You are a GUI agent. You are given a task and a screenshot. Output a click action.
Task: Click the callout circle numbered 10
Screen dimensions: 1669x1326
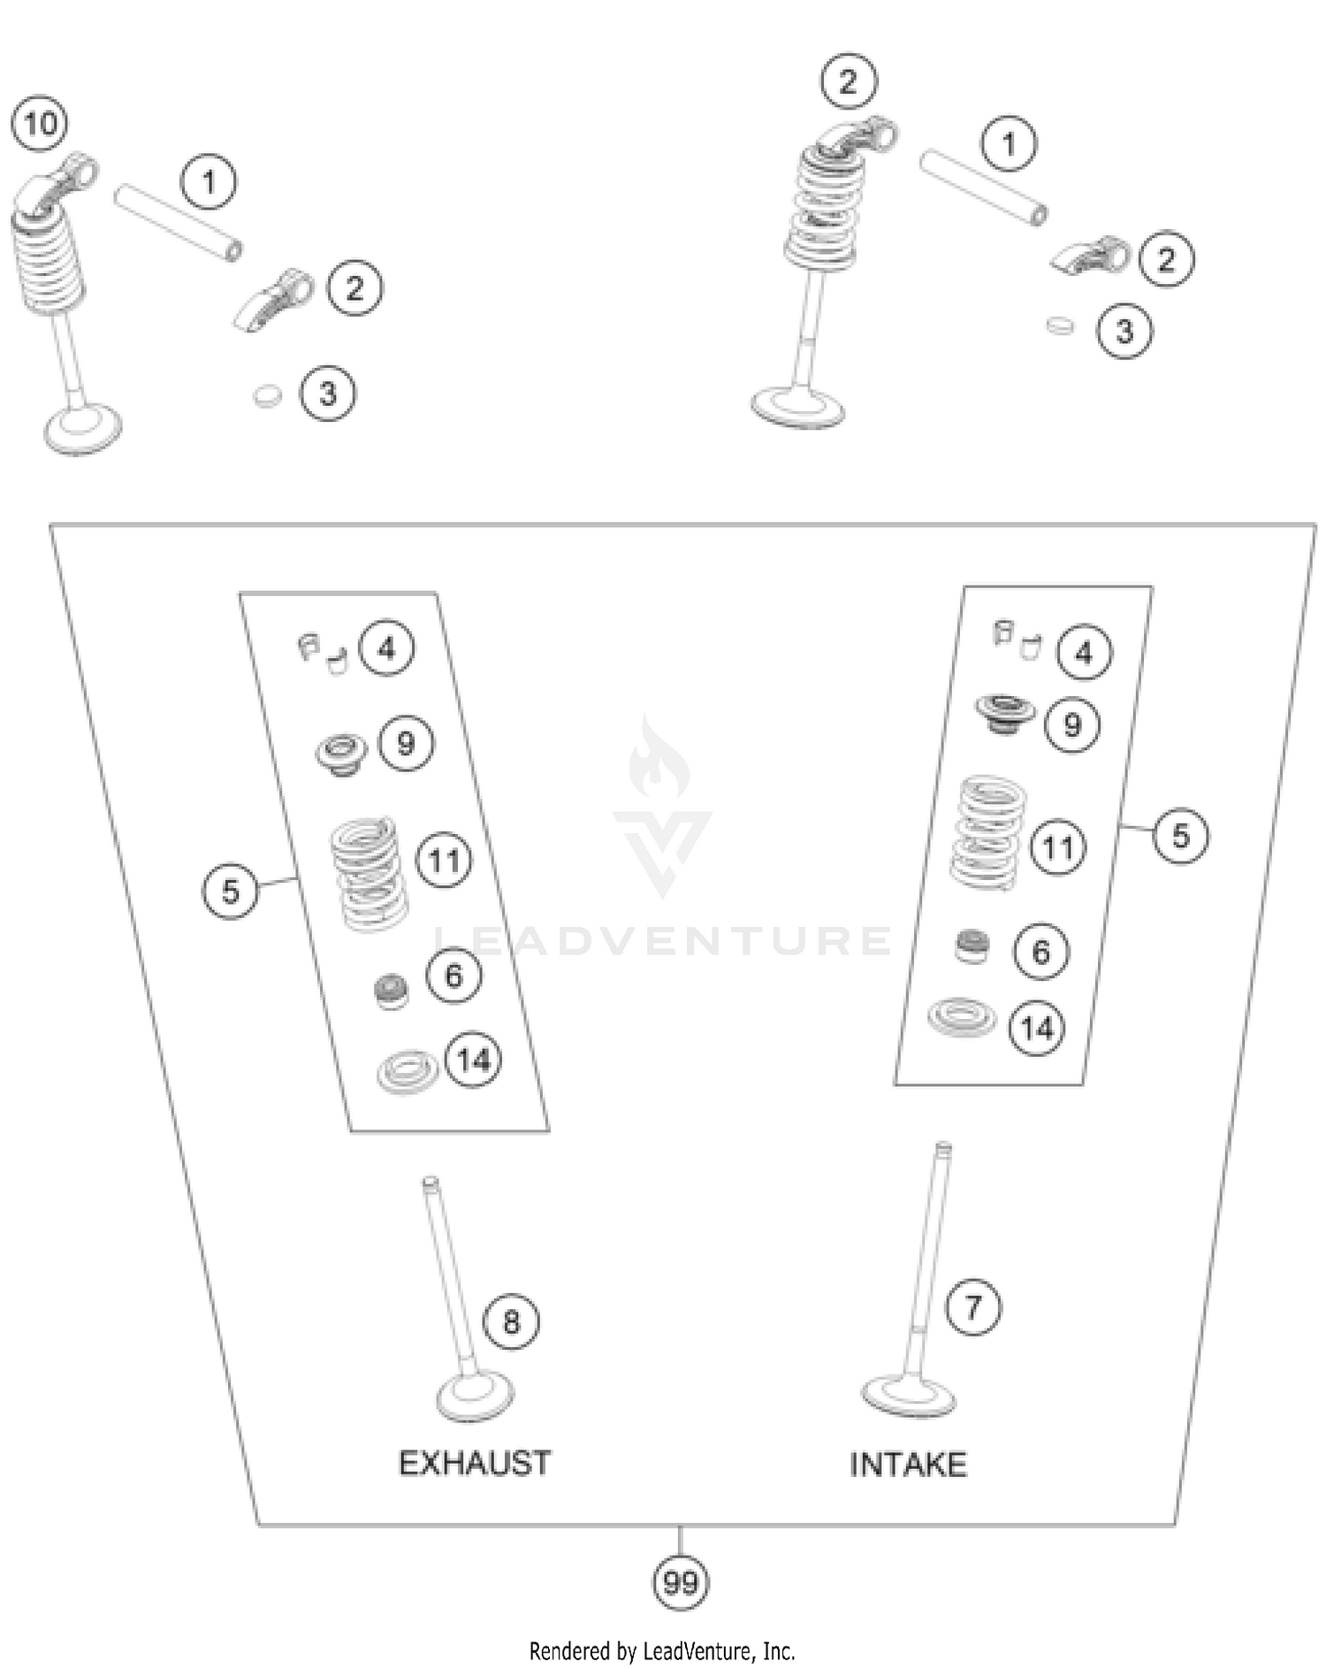pos(41,124)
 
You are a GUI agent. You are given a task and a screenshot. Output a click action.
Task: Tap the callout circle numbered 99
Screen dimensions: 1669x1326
pos(680,1582)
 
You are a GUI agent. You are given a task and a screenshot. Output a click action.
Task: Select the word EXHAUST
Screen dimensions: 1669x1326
pos(475,1464)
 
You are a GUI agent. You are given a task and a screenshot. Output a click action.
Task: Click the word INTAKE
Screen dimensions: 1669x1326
pos(908,1466)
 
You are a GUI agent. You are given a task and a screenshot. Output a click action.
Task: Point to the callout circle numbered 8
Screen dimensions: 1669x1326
pos(511,1322)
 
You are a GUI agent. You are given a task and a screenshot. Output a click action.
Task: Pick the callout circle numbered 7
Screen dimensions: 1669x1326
pos(973,1307)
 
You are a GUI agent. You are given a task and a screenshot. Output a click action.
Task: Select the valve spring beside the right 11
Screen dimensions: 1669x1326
pos(987,831)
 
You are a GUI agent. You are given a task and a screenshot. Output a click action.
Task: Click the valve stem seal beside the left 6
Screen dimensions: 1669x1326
pos(391,991)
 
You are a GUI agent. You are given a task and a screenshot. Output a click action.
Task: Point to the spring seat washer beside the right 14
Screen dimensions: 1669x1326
pos(962,1017)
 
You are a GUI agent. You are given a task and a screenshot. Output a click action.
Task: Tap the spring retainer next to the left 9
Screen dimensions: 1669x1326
pos(341,754)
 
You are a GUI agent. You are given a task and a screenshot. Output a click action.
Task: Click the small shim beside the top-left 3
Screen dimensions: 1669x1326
pos(267,395)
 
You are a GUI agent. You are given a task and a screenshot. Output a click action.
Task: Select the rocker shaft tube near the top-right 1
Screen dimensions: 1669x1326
pos(983,188)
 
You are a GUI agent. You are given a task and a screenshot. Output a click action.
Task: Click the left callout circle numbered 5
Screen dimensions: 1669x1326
pos(230,891)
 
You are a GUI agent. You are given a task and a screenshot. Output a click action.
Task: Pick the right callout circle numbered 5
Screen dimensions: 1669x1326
pos(1181,836)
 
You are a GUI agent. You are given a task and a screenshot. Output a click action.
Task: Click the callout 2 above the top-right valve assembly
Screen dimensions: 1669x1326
pos(849,81)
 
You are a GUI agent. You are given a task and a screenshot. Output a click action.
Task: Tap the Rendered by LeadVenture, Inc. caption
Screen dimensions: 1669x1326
pos(662,1650)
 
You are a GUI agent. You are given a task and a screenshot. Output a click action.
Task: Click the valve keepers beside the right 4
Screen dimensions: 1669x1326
pos(1016,639)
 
